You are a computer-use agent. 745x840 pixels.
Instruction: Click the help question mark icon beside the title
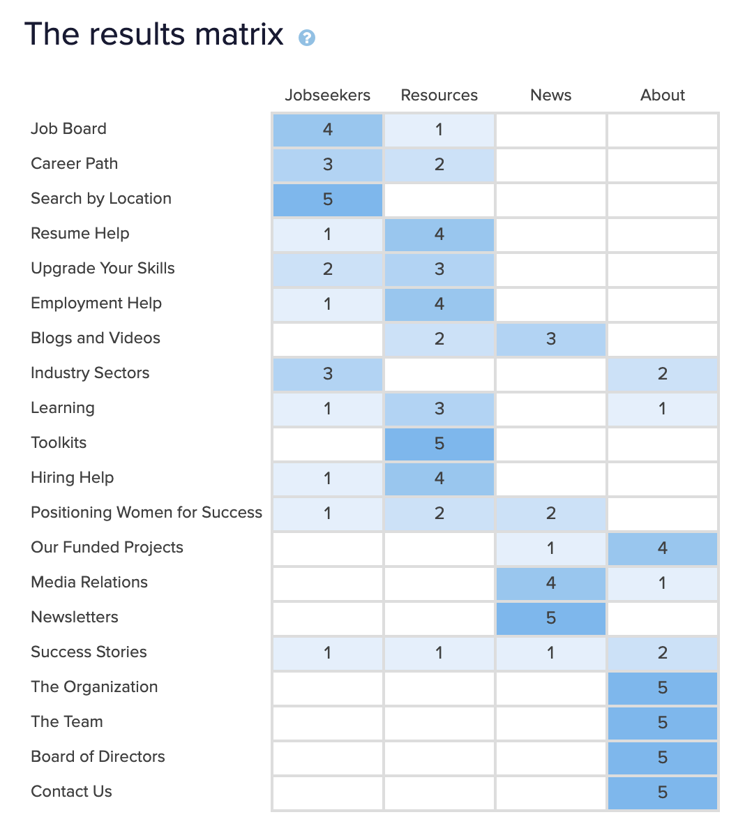click(x=307, y=38)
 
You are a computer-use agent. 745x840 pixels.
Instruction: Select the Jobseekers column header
click(x=327, y=96)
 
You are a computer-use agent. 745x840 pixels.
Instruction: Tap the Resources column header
click(x=439, y=96)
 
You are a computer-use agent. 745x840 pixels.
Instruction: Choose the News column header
click(x=550, y=96)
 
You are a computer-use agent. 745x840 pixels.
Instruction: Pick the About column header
click(x=662, y=96)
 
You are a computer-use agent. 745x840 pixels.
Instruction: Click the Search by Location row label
click(x=101, y=199)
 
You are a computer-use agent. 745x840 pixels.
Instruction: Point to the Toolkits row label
click(x=59, y=443)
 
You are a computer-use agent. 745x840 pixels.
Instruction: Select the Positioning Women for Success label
click(x=146, y=513)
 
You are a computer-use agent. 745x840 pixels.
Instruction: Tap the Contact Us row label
click(x=71, y=792)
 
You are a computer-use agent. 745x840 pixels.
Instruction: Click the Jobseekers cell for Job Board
click(x=328, y=130)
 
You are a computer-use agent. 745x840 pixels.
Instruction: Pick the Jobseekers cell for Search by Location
click(x=328, y=200)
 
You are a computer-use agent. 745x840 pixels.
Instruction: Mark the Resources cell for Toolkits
click(x=439, y=444)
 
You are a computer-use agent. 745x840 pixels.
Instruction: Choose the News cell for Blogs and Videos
click(x=551, y=339)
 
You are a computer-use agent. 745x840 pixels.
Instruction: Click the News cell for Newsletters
click(x=551, y=618)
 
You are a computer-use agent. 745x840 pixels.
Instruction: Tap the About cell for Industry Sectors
click(x=663, y=374)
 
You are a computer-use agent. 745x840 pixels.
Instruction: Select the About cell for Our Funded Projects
click(x=663, y=548)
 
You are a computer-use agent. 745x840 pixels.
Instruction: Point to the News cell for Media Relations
click(x=551, y=583)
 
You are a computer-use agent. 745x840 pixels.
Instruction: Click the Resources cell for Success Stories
click(x=439, y=653)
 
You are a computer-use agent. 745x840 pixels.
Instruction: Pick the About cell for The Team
click(x=663, y=723)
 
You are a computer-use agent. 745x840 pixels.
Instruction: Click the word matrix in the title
click(x=239, y=34)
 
